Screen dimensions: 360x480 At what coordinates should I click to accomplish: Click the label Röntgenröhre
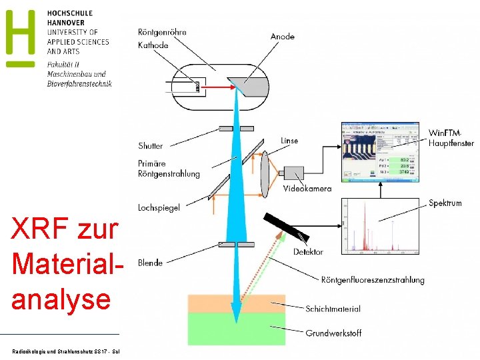162,32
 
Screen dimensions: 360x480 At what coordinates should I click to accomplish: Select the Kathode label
153,45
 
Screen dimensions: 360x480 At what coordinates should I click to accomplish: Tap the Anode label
282,37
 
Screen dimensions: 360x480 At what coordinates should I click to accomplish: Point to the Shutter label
150,146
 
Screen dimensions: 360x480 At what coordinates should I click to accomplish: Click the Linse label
289,141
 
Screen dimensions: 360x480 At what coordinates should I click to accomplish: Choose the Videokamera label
307,189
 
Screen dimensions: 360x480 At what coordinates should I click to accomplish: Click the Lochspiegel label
159,208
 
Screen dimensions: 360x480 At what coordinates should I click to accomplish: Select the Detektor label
308,251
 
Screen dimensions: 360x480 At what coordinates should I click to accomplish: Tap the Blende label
150,263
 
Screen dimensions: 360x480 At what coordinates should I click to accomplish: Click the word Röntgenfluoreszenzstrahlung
372,280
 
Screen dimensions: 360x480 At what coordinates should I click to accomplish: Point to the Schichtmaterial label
333,309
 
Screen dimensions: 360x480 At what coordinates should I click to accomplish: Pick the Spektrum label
445,203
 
